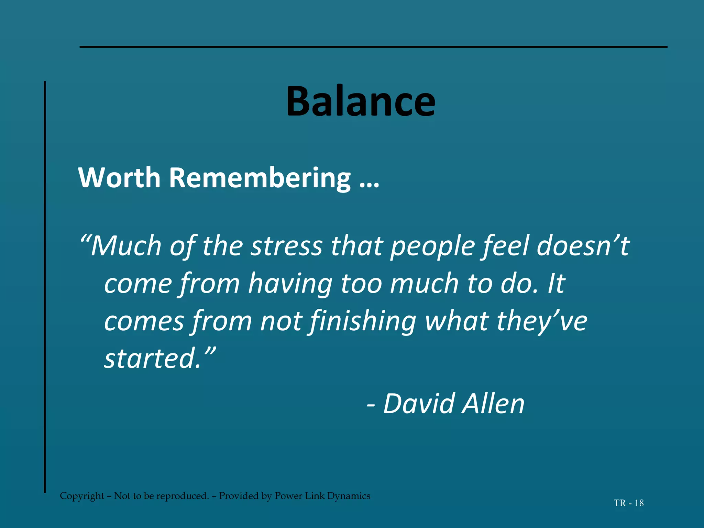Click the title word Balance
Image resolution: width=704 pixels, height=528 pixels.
pos(361,101)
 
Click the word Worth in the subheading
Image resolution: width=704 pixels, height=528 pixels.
pos(119,178)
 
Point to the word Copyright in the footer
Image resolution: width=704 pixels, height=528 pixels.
pos(82,496)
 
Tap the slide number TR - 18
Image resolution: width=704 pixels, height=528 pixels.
pos(628,503)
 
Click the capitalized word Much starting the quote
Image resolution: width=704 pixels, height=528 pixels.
pos(125,246)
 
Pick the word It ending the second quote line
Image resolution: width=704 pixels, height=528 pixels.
pos(556,284)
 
